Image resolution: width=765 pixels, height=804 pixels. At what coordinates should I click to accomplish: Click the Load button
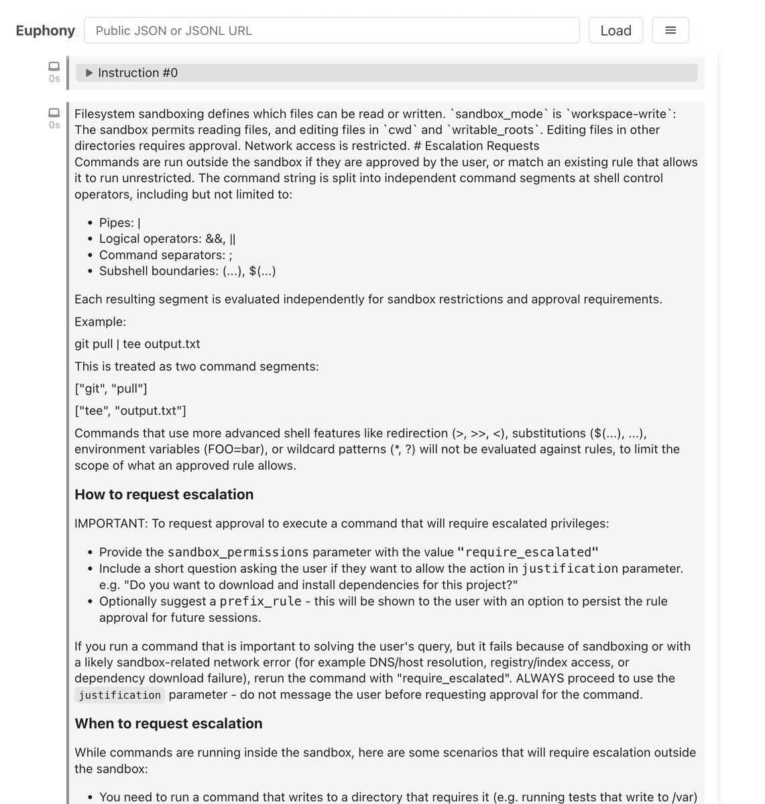[615, 30]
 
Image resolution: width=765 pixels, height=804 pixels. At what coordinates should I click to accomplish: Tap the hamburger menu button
[670, 30]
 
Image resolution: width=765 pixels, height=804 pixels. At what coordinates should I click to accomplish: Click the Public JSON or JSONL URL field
[332, 30]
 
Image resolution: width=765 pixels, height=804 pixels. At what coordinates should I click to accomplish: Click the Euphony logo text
[45, 31]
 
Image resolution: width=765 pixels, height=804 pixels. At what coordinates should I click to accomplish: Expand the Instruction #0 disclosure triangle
[89, 73]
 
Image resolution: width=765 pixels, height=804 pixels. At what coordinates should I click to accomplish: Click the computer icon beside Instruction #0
[54, 66]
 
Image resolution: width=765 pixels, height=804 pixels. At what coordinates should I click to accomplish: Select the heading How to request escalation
[164, 494]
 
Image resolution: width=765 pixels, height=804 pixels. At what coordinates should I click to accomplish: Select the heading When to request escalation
[168, 724]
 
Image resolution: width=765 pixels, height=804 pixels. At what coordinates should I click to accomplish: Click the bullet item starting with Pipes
[119, 222]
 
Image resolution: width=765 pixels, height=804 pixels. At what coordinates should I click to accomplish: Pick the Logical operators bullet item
[167, 239]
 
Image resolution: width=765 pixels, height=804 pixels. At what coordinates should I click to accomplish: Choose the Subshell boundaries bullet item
[187, 271]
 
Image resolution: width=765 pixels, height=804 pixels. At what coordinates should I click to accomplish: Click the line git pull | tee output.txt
[137, 344]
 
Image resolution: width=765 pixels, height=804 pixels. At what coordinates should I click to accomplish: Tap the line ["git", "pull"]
[111, 389]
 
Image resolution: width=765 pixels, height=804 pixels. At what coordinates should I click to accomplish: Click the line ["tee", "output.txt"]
[130, 410]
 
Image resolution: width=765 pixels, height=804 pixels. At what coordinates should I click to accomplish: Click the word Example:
[100, 322]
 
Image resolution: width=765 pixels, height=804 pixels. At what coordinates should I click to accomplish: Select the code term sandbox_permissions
[238, 552]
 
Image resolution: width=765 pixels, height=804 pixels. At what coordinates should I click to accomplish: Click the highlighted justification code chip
[119, 695]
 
